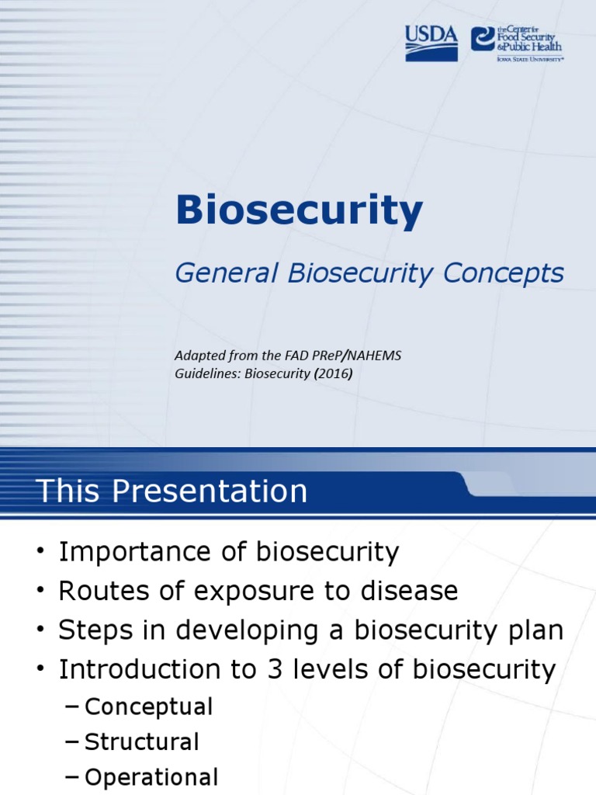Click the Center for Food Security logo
(x=516, y=42)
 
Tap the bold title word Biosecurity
(x=299, y=211)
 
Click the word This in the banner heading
(x=64, y=491)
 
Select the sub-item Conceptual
(x=148, y=707)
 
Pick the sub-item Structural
(x=141, y=742)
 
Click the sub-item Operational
(x=151, y=778)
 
